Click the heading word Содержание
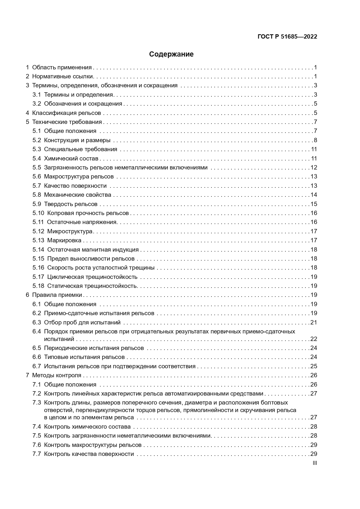pos(171,54)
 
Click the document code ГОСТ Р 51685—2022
pos(287,37)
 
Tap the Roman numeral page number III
pos(315,463)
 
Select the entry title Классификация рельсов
pos(66,113)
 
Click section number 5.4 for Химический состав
pos(37,158)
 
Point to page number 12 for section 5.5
pos(314,167)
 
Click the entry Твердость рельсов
pos(70,204)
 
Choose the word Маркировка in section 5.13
pos(64,240)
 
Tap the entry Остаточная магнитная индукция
pos(93,250)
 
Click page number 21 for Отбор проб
pos(314,322)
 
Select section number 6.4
pos(37,331)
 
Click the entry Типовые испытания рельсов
pos(84,357)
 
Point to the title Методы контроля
pos(57,375)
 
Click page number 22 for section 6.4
pos(314,339)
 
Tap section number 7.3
pos(37,402)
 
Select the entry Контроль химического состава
pos(87,427)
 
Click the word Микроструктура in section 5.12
pos(70,231)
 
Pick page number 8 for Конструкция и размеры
pos(315,140)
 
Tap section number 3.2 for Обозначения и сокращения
pos(37,104)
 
